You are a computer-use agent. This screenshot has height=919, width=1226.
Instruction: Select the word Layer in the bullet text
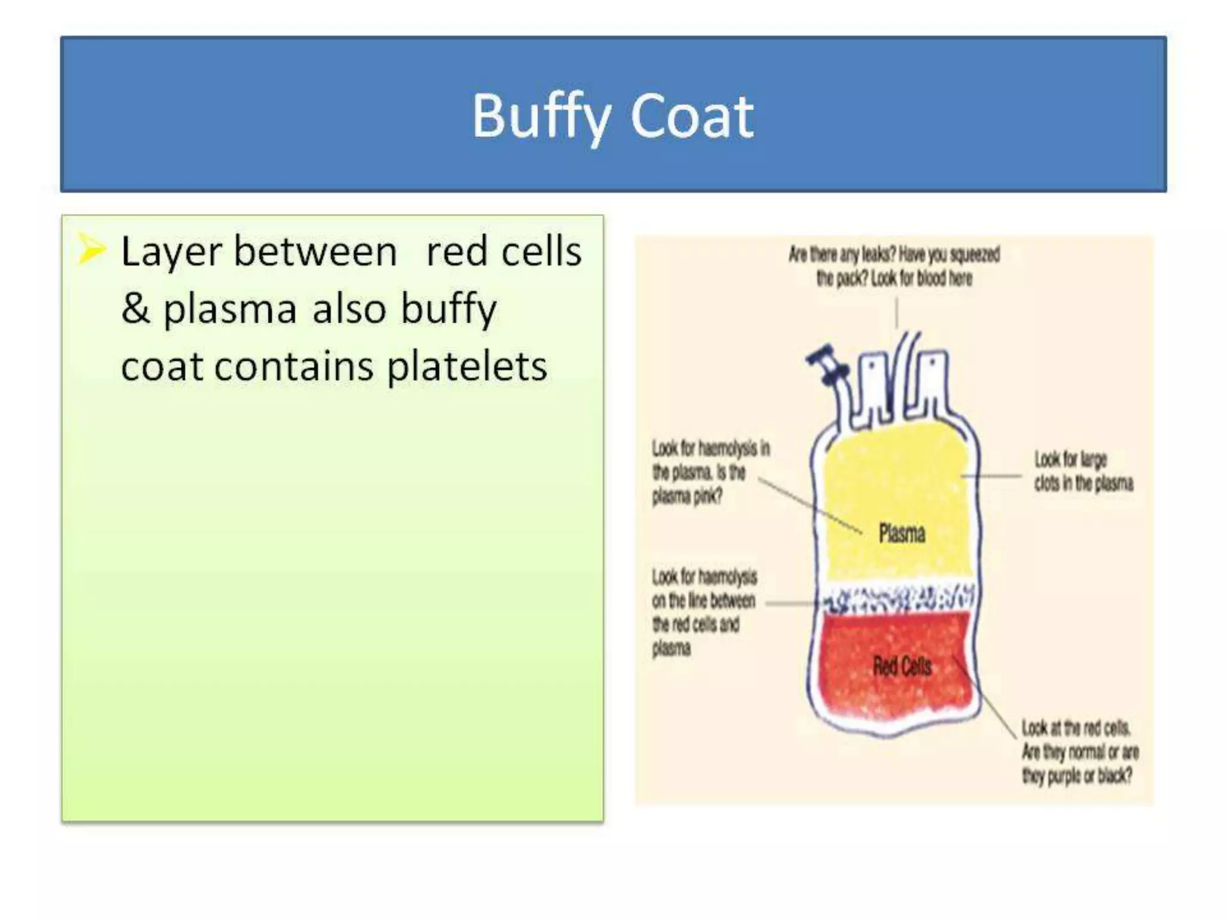tap(172, 251)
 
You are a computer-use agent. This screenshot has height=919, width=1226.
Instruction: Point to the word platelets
tap(467, 366)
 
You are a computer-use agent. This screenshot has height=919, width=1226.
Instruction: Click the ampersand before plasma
tap(135, 309)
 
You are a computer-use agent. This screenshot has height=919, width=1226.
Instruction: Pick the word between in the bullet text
tap(315, 251)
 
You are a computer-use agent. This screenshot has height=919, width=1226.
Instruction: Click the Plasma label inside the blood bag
tap(902, 533)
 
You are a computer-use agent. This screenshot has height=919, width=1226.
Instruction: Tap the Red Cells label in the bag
tap(902, 666)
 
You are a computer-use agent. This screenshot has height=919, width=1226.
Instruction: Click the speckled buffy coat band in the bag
tap(898, 599)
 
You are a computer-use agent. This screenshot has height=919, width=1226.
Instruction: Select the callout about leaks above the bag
tap(894, 266)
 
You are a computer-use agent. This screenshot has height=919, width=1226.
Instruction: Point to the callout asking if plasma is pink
tap(709, 472)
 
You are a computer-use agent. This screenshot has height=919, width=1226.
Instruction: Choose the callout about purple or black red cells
tap(1079, 752)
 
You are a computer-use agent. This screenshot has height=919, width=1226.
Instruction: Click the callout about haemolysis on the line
tap(703, 612)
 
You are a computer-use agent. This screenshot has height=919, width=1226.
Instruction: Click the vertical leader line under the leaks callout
tap(896, 313)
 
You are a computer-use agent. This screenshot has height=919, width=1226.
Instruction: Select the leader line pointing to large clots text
tap(991, 476)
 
